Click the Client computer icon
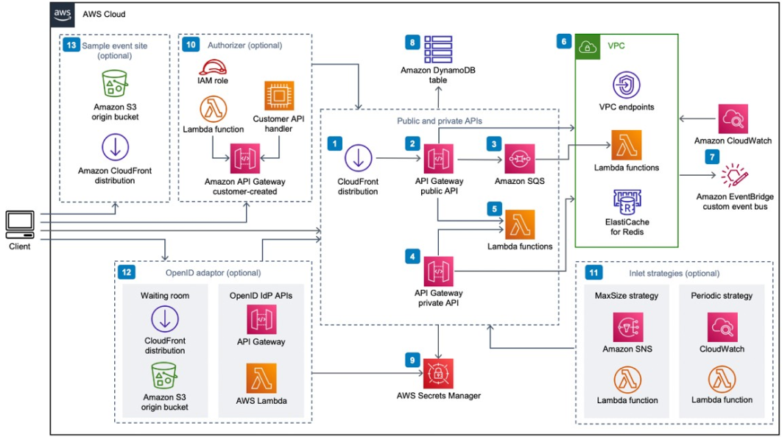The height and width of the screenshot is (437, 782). (x=19, y=223)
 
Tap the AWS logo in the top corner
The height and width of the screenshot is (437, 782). (x=63, y=15)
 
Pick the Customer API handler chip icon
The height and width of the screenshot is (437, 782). (x=279, y=96)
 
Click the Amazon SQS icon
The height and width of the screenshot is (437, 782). (x=520, y=158)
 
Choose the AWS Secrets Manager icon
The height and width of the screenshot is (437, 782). (x=439, y=373)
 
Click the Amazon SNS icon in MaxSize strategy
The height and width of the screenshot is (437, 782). (x=627, y=328)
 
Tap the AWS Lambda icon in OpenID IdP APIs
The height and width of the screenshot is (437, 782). (x=262, y=380)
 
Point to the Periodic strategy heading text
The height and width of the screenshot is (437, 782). (x=722, y=296)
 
